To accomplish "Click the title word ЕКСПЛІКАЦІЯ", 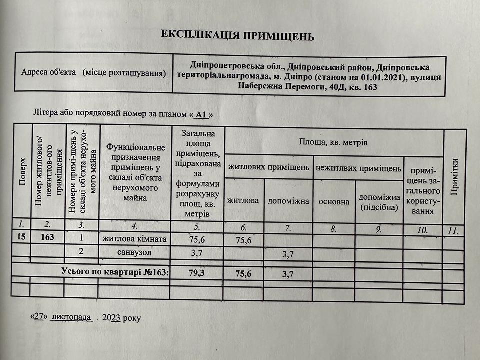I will pyautogui.click(x=197, y=35).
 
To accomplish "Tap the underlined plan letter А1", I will pyautogui.click(x=201, y=115).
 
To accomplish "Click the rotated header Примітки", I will pyautogui.click(x=454, y=177).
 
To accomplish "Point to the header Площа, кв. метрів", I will pyautogui.click(x=333, y=143).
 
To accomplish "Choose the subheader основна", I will pyautogui.click(x=333, y=202).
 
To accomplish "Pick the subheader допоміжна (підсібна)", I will pyautogui.click(x=379, y=202).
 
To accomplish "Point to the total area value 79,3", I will pyautogui.click(x=197, y=273).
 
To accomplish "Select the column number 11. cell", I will pyautogui.click(x=454, y=231).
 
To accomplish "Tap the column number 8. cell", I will pyautogui.click(x=333, y=229).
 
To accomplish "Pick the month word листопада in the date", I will pyautogui.click(x=71, y=317).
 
